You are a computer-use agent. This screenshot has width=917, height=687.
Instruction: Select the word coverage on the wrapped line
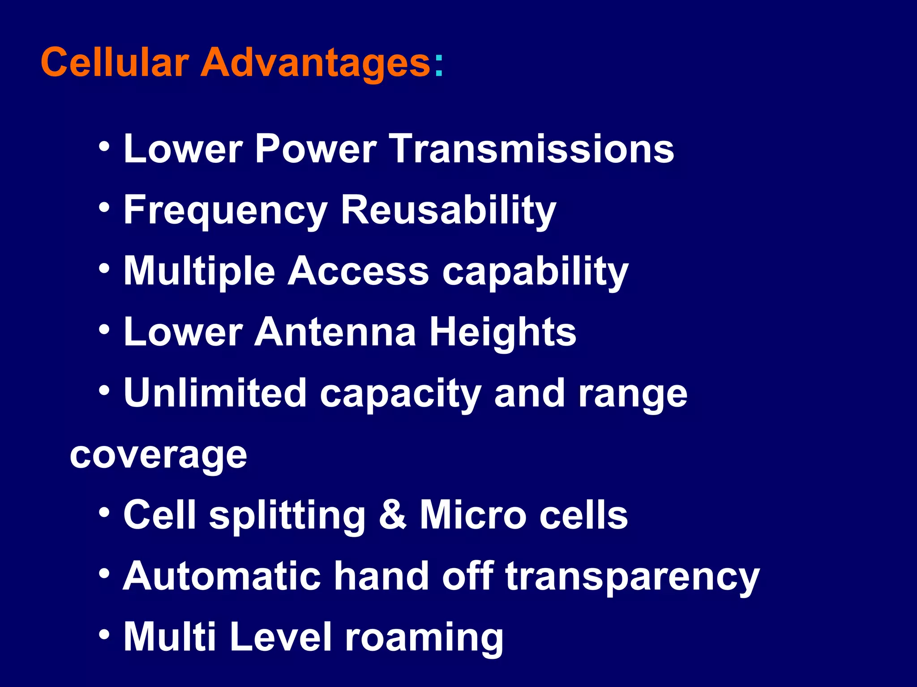pyautogui.click(x=159, y=455)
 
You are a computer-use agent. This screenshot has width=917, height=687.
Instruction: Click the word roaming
pyautogui.click(x=424, y=638)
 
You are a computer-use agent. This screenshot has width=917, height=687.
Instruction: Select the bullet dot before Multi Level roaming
pyautogui.click(x=104, y=634)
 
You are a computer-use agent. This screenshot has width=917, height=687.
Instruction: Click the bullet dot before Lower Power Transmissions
pyautogui.click(x=104, y=146)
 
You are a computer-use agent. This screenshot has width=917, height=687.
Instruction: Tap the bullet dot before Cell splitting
pyautogui.click(x=104, y=512)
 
